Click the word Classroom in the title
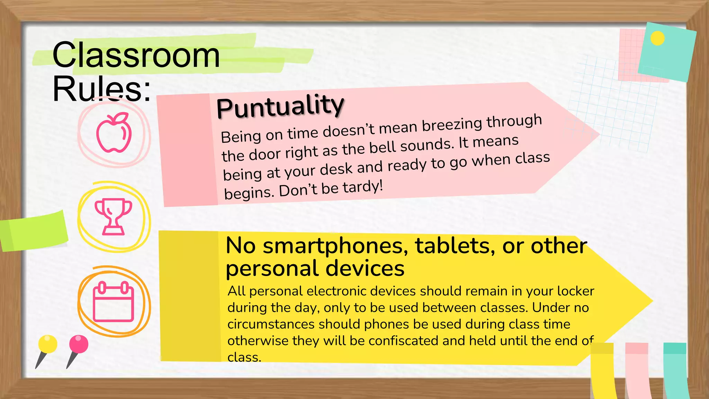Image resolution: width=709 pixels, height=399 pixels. [136, 55]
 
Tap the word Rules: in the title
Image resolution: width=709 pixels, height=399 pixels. [101, 89]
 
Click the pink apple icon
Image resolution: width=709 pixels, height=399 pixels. [114, 133]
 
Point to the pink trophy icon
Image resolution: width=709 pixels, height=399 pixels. [113, 217]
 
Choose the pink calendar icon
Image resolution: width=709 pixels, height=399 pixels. [114, 302]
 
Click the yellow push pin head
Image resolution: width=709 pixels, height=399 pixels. [48, 344]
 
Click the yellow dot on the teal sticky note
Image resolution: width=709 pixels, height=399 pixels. [657, 38]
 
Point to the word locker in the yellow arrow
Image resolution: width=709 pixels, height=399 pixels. [575, 291]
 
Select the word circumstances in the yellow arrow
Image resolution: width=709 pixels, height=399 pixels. [271, 324]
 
